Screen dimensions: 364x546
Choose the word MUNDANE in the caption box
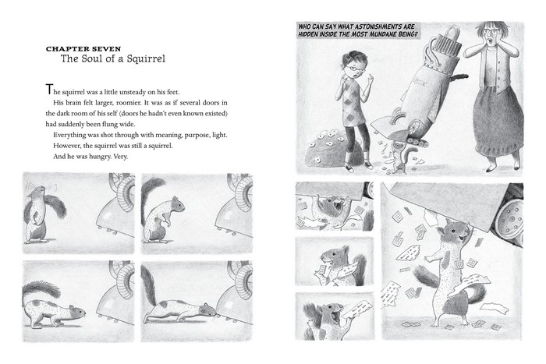tap(374, 35)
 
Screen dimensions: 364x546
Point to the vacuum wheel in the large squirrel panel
tap(509, 221)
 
